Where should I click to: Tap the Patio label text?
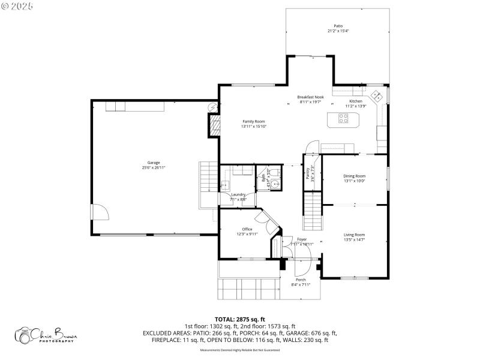[x=338, y=26]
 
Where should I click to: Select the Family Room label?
[x=253, y=121]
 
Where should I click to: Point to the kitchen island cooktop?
[x=344, y=118]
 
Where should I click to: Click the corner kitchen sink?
[x=376, y=95]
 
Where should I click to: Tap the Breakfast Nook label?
[x=311, y=97]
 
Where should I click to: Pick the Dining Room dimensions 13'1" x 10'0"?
[x=354, y=181]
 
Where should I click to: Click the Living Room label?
[x=354, y=235]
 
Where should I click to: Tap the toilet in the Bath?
[x=274, y=173]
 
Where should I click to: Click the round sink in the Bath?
[x=274, y=184]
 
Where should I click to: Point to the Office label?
[x=247, y=229]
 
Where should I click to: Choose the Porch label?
[x=301, y=280]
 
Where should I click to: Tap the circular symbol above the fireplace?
[x=213, y=107]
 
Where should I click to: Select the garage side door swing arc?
[x=100, y=212]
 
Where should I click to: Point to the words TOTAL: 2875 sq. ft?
[x=239, y=319]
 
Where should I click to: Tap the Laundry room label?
[x=239, y=195]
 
